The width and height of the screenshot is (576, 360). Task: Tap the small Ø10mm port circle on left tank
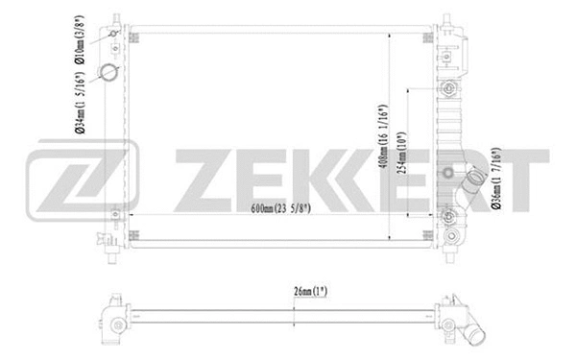pos(114,36)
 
